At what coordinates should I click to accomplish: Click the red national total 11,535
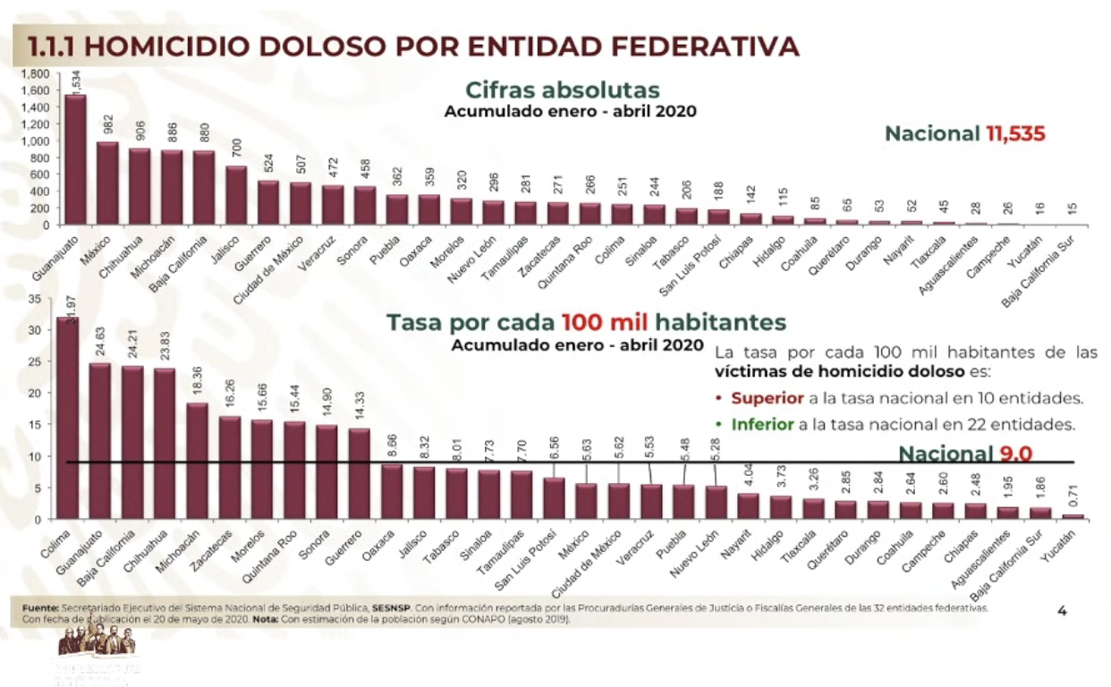1016,134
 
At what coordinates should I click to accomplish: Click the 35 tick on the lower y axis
35,298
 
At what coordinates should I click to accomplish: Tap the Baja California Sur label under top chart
1038,278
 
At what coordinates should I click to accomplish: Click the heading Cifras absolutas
562,90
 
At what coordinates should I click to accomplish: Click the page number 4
1063,611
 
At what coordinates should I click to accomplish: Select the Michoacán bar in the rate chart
198,461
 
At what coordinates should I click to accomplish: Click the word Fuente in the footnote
41,607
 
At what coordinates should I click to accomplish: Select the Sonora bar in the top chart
365,205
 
